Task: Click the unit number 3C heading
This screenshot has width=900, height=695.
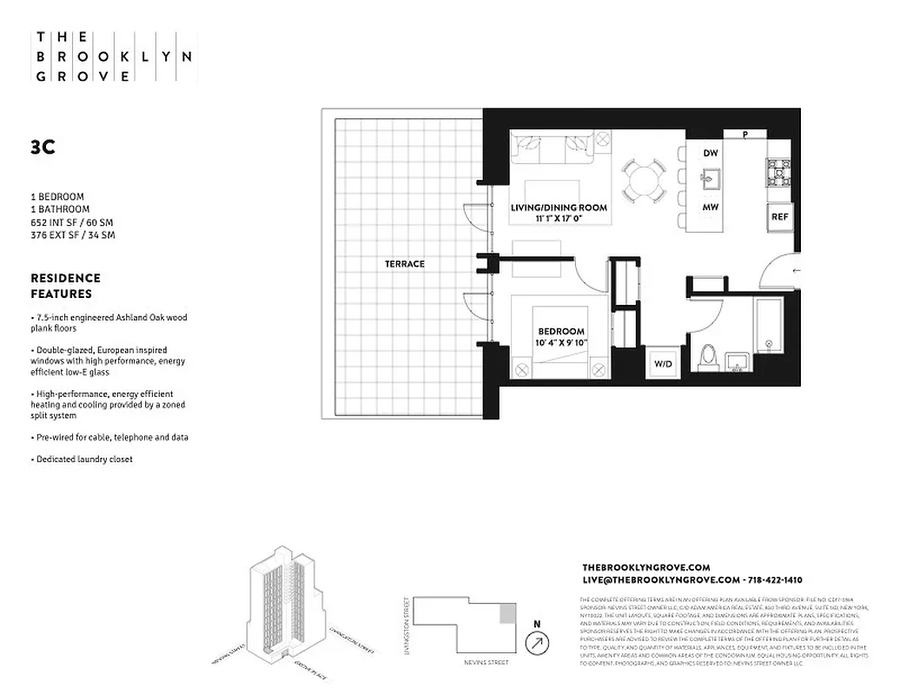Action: point(43,148)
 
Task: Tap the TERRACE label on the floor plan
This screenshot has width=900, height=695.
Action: point(406,263)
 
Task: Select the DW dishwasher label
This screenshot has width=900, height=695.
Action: point(711,154)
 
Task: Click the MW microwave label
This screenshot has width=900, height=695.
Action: point(711,208)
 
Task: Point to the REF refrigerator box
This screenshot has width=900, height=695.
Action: point(778,217)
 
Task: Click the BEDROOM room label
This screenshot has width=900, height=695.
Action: point(560,332)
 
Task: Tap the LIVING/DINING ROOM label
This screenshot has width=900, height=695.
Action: point(559,208)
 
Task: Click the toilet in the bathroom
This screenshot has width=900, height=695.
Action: point(706,358)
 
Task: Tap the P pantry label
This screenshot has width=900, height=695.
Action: point(745,135)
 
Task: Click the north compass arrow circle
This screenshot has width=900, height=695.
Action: point(538,643)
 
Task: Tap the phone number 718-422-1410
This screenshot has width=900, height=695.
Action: point(774,579)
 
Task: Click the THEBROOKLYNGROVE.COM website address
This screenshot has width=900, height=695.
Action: point(645,566)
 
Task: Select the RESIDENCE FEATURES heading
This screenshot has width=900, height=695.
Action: point(66,286)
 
